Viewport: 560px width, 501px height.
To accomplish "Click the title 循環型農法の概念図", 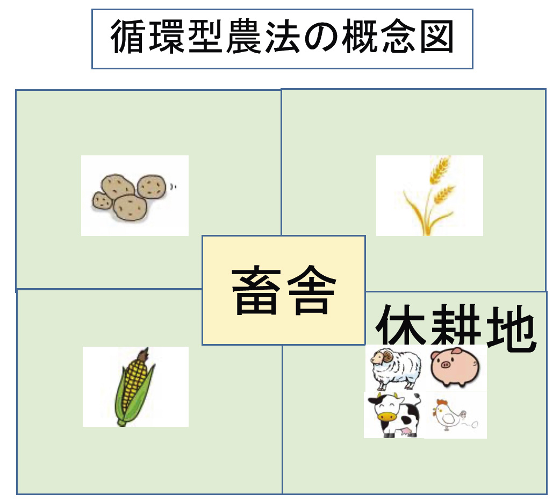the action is click(282, 37).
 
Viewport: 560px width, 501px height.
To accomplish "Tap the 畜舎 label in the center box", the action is click(284, 290).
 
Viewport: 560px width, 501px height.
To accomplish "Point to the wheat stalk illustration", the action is click(428, 196).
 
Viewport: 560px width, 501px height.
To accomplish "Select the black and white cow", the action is click(394, 414).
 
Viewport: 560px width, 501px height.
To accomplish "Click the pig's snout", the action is click(446, 365).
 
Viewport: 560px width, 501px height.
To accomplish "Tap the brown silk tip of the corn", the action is click(143, 354).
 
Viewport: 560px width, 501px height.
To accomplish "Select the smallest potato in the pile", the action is click(102, 201).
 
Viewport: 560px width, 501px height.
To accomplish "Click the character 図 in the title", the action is click(436, 37).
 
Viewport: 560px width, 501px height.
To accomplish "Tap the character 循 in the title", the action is click(127, 37).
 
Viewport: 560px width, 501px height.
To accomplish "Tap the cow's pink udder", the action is click(407, 432).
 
